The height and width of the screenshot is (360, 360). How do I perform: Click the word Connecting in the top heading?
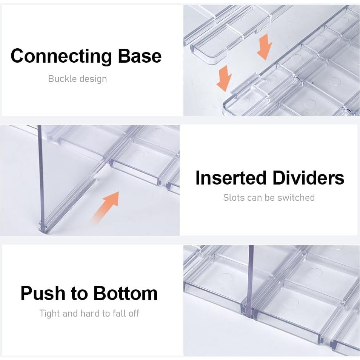pyautogui.click(x=62, y=56)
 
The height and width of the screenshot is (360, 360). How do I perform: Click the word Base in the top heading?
pyautogui.click(x=140, y=56)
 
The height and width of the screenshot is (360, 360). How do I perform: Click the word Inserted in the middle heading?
pyautogui.click(x=231, y=178)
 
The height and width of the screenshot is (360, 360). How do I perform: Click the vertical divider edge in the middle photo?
pyautogui.click(x=41, y=177)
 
